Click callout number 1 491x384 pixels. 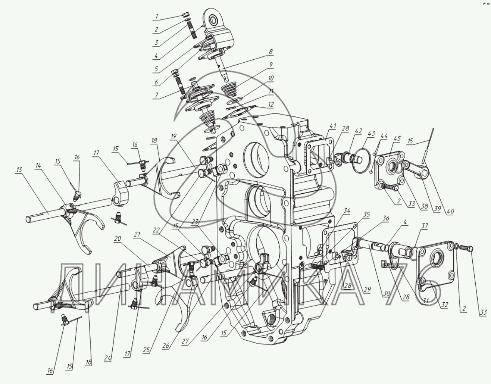pyautogui.click(x=157, y=16)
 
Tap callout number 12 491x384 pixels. pyautogui.click(x=271, y=104)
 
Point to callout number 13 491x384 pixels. pyautogui.click(x=20, y=169)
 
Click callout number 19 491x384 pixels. pyautogui.click(x=173, y=137)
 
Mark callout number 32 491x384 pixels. pyautogui.click(x=444, y=305)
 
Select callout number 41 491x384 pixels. pyautogui.click(x=332, y=126)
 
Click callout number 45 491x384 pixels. pyautogui.click(x=397, y=138)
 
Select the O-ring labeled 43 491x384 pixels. pyautogui.click(x=362, y=159)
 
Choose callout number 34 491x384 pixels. pyautogui.click(x=347, y=210)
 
